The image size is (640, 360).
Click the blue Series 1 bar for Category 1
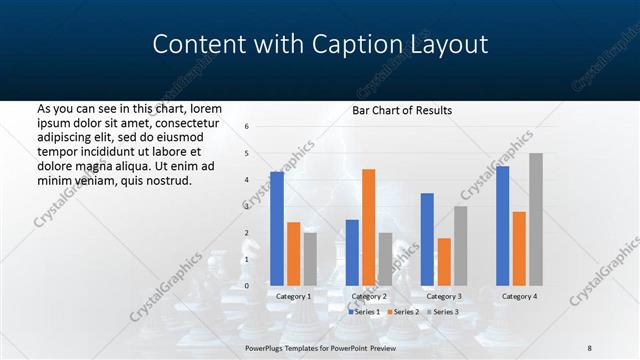point(277,229)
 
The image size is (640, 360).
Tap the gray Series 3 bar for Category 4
point(536,219)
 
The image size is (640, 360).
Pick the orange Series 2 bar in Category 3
point(444,262)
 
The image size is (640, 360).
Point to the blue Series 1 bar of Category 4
point(502,226)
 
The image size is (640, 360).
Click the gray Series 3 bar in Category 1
point(310,259)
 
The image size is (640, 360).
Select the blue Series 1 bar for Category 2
point(352,253)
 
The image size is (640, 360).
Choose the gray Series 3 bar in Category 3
point(460,246)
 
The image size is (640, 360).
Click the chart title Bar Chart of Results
point(402,110)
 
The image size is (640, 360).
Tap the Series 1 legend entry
point(364,312)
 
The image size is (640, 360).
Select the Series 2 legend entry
point(403,312)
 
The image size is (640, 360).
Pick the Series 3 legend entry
point(443,312)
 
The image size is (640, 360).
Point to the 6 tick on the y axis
point(247,127)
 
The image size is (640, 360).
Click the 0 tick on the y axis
point(247,286)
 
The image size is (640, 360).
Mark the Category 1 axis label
point(293,296)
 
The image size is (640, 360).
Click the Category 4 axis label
point(518,296)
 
